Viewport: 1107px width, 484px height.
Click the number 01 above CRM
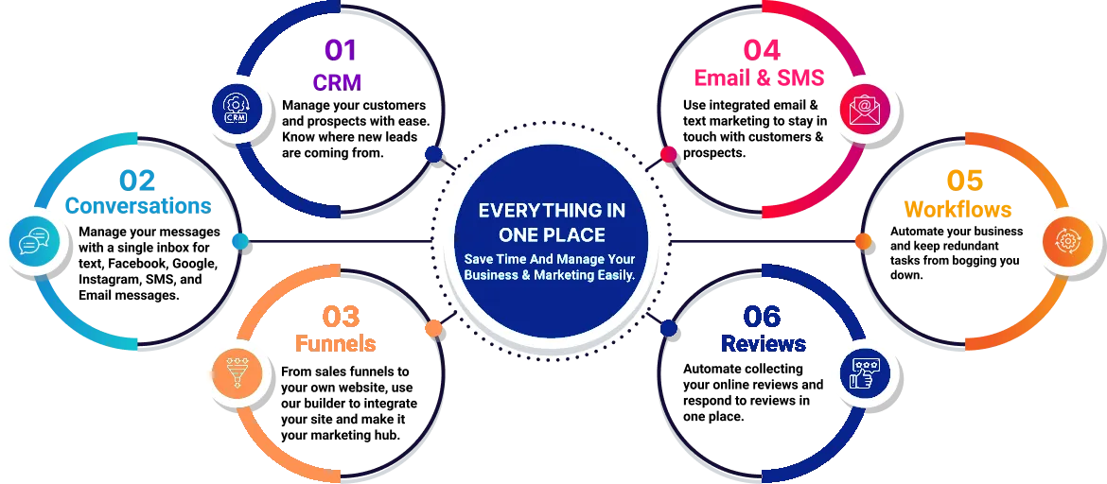pyautogui.click(x=341, y=51)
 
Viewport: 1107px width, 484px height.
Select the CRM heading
pyautogui.click(x=337, y=82)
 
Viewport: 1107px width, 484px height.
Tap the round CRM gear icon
pyautogui.click(x=234, y=108)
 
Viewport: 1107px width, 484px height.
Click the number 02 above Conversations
pyautogui.click(x=137, y=181)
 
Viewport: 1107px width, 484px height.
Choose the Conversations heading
pyautogui.click(x=138, y=205)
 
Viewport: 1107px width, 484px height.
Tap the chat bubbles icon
pyautogui.click(x=32, y=242)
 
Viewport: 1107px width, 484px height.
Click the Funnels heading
pyautogui.click(x=335, y=343)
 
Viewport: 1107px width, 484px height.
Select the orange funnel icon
pyautogui.click(x=234, y=372)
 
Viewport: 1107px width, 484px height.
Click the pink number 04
pyautogui.click(x=762, y=50)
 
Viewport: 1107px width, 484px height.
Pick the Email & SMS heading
pyautogui.click(x=759, y=77)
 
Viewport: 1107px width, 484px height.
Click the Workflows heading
pyautogui.click(x=958, y=209)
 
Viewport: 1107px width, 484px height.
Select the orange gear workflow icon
pyautogui.click(x=1063, y=241)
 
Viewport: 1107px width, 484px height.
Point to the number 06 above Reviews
pyautogui.click(x=763, y=318)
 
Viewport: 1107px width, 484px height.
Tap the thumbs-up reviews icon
pyautogui.click(x=864, y=372)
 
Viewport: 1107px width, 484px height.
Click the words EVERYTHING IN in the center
pyautogui.click(x=552, y=210)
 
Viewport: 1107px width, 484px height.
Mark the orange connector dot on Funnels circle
pyautogui.click(x=433, y=328)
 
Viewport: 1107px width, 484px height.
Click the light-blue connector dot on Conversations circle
pyautogui.click(x=240, y=242)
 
